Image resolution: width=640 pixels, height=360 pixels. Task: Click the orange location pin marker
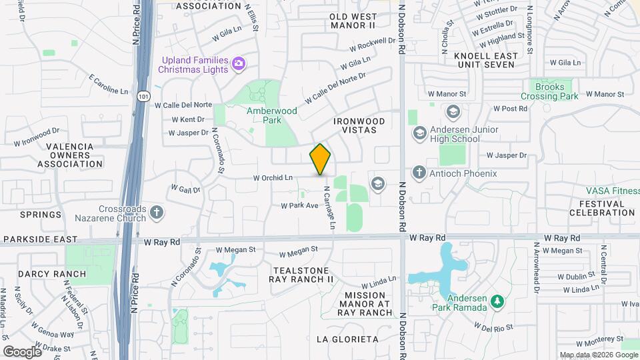click(320, 159)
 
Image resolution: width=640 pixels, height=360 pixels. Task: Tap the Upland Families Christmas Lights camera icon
click(239, 64)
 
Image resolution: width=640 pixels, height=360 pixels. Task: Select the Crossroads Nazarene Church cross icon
click(157, 213)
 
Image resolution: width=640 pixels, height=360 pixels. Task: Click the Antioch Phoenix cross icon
click(419, 173)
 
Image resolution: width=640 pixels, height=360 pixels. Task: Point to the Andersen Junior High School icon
click(420, 133)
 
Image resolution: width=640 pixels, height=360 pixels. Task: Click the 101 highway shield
click(143, 97)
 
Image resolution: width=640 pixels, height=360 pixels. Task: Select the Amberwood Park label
click(272, 116)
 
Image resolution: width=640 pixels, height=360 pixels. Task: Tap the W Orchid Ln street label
click(273, 178)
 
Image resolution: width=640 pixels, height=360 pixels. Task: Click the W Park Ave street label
click(299, 206)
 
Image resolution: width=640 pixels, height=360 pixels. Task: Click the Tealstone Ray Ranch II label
click(301, 275)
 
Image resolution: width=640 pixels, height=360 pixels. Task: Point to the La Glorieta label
click(347, 339)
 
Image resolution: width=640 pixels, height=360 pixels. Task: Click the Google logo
click(23, 351)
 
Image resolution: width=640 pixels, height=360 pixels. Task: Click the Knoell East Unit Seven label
click(485, 60)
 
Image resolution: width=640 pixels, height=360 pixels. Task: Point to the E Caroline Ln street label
click(108, 85)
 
